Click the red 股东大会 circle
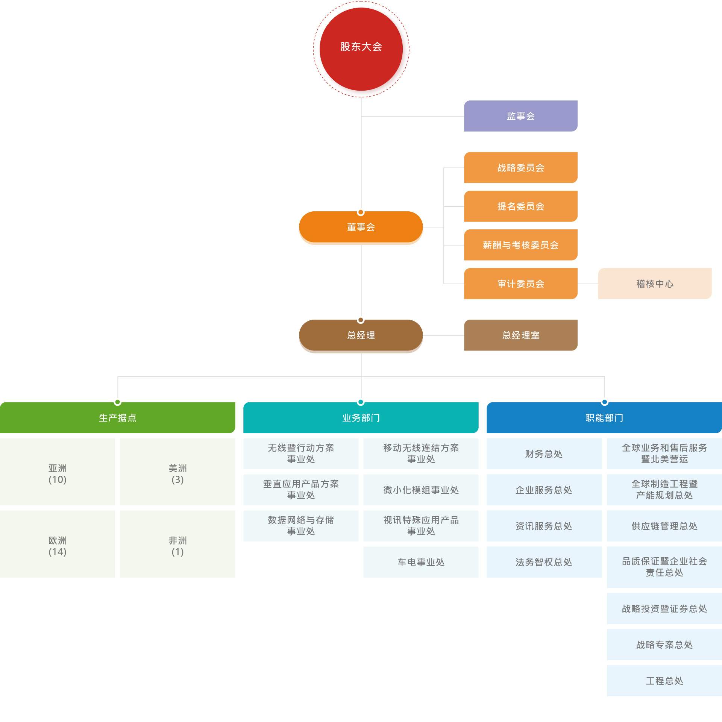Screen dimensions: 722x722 [361, 49]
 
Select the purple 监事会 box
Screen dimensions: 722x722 [520, 116]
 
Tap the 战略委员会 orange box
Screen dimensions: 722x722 [520, 167]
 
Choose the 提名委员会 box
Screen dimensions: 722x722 [520, 206]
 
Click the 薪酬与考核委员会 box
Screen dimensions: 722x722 [520, 245]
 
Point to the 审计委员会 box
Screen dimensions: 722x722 [520, 284]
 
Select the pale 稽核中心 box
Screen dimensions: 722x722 [655, 284]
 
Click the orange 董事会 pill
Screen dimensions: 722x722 [361, 227]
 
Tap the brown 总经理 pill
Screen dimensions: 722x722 [361, 335]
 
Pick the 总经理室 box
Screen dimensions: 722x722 [520, 335]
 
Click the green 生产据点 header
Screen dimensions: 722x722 [117, 418]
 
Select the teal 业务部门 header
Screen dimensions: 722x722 [361, 418]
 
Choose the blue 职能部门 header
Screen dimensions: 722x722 [604, 418]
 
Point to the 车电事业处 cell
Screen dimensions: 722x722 [421, 562]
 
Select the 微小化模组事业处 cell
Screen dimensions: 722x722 [421, 490]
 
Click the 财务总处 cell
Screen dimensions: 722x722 [544, 454]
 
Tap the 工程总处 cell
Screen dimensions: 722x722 [664, 681]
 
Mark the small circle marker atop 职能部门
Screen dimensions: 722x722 [605, 402]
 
